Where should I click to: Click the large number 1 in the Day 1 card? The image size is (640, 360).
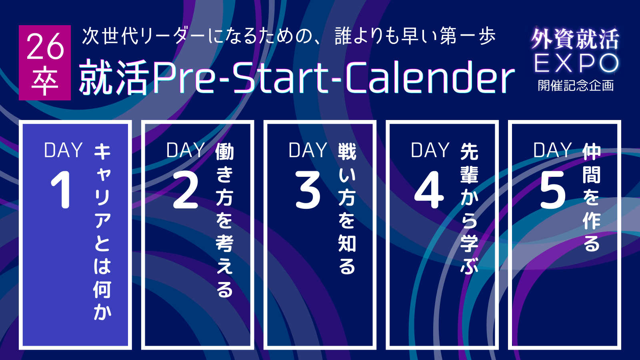tap(62, 190)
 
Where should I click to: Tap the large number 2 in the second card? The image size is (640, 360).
tap(186, 190)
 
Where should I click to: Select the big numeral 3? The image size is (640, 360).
tap(308, 190)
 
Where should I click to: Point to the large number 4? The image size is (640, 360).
tap(429, 190)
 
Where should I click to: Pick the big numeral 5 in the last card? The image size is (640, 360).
tap(553, 190)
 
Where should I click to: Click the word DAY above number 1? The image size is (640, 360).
tap(64, 150)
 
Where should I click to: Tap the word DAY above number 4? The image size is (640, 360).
tap(430, 150)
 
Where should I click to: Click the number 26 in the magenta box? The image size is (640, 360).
tap(45, 46)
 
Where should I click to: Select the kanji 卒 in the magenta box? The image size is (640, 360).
tap(45, 81)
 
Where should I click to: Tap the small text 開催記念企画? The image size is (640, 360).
tap(576, 86)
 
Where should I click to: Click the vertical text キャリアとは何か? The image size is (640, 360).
tap(102, 232)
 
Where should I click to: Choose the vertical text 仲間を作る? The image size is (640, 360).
tap(592, 198)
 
